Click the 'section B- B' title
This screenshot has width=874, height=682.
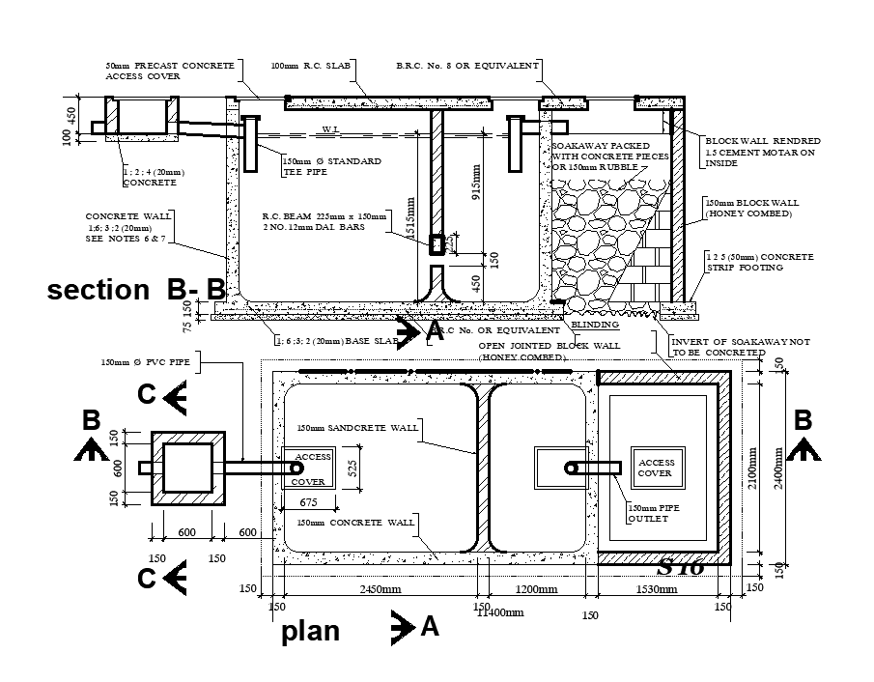pyautogui.click(x=136, y=289)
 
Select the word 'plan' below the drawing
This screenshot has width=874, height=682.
pyautogui.click(x=310, y=631)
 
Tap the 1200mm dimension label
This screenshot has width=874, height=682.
pyautogui.click(x=536, y=589)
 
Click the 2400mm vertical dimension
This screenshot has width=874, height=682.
pyautogui.click(x=778, y=469)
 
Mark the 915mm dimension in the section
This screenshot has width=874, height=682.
pyautogui.click(x=474, y=178)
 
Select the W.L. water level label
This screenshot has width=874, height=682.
pyautogui.click(x=330, y=129)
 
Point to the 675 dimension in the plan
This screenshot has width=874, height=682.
pyautogui.click(x=309, y=502)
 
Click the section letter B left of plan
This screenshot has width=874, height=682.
pyautogui.click(x=92, y=421)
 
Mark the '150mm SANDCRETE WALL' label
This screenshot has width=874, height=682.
pyautogui.click(x=357, y=427)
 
